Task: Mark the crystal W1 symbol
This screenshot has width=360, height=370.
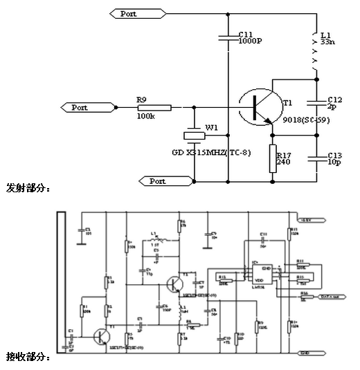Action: [x=195, y=135]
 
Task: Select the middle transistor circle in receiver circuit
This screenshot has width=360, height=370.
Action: [x=175, y=284]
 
